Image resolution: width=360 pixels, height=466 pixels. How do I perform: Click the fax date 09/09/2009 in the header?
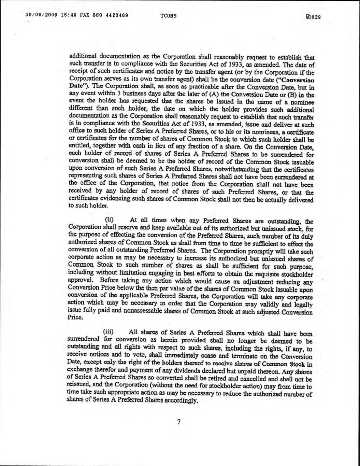(39, 15)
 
